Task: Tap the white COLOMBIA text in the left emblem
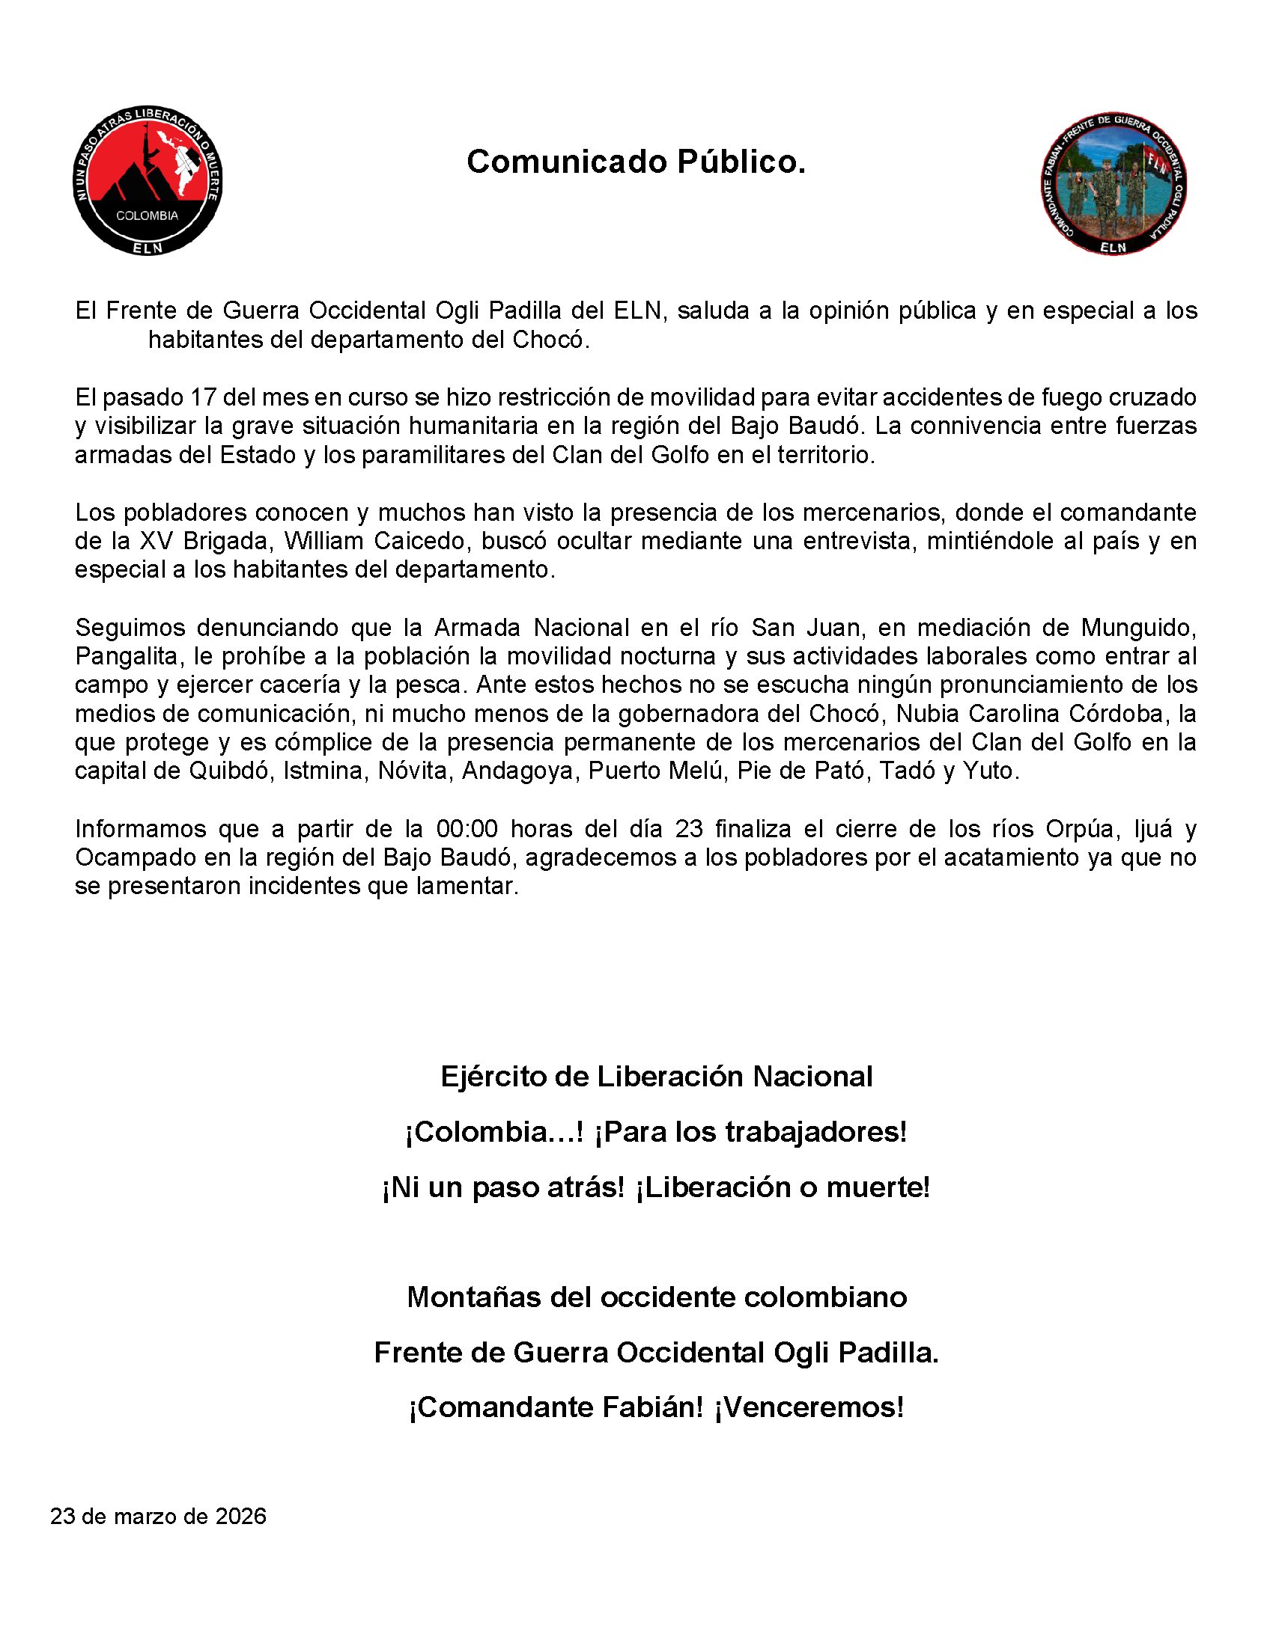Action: pos(147,215)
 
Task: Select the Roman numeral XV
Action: pos(157,541)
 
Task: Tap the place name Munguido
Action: pos(1138,628)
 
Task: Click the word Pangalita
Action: pos(126,656)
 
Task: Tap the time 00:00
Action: pos(467,829)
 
